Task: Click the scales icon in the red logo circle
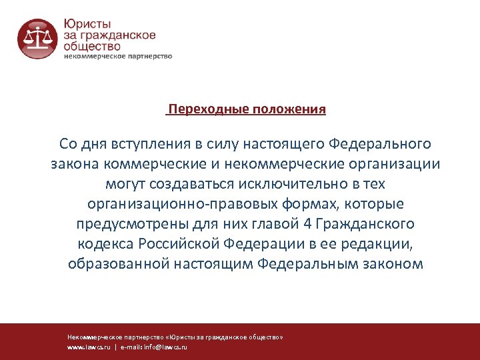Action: (x=37, y=39)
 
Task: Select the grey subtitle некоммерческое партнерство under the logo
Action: (x=118, y=56)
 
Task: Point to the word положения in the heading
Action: (x=289, y=109)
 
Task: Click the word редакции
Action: (x=381, y=243)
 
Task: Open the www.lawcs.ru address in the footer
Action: (x=89, y=347)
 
